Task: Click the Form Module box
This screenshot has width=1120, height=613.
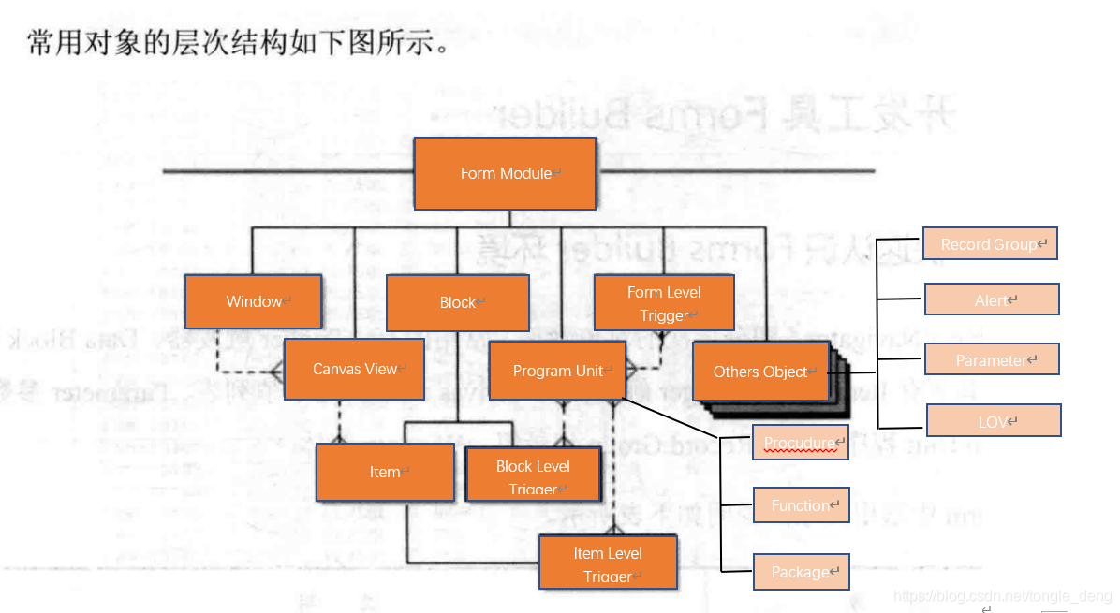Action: click(505, 173)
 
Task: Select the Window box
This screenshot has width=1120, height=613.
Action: click(253, 301)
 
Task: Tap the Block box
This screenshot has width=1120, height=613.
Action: click(457, 302)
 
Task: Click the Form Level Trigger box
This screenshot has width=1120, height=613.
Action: click(664, 303)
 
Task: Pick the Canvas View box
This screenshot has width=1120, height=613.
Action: click(354, 370)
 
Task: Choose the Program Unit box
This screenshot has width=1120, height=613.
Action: click(557, 372)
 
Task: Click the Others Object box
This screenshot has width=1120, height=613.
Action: click(759, 372)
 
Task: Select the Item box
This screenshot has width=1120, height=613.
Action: click(385, 472)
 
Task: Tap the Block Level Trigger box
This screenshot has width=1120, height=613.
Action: click(533, 474)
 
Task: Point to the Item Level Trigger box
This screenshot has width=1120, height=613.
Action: click(608, 562)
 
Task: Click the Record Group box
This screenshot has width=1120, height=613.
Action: click(990, 243)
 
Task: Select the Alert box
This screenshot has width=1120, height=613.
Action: click(992, 299)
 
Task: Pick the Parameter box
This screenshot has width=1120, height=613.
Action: click(992, 359)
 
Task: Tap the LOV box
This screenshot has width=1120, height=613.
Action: click(993, 421)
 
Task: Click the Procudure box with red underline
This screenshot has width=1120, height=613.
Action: click(800, 442)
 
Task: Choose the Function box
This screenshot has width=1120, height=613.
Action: click(801, 505)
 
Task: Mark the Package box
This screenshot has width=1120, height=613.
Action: click(801, 571)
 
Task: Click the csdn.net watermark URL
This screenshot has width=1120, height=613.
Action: click(1002, 595)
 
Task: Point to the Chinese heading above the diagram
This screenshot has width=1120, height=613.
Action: click(240, 43)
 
